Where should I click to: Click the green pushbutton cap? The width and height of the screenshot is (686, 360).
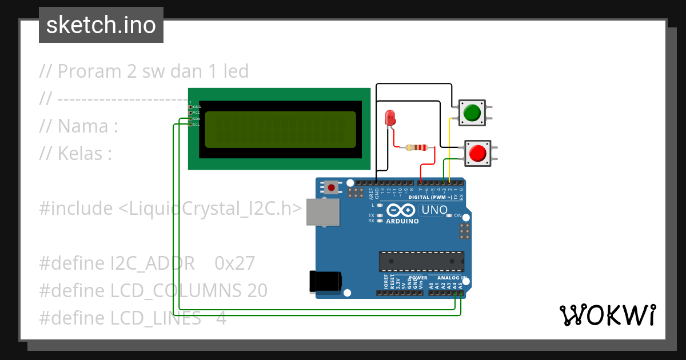[x=472, y=113]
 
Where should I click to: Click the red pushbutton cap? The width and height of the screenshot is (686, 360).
[x=477, y=153]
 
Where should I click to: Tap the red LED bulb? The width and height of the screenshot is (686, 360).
[x=390, y=117]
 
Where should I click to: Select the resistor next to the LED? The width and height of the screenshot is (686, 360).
[x=416, y=148]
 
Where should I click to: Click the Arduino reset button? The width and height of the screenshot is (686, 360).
[x=331, y=187]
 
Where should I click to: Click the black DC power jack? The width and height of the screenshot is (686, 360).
[x=325, y=281]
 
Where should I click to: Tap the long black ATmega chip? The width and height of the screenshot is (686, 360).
[x=421, y=261]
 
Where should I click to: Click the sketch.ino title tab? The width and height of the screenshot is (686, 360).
[x=101, y=25]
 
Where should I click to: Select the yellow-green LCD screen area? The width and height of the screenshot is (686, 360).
[x=280, y=130]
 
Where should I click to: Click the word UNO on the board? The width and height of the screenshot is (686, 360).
[x=434, y=210]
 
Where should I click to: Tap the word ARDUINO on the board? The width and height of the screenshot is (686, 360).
[x=402, y=221]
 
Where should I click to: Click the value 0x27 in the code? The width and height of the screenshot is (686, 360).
[x=234, y=263]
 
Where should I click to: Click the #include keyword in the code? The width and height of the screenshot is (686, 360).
[x=76, y=209]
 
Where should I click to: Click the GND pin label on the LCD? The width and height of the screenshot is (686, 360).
[x=197, y=107]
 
